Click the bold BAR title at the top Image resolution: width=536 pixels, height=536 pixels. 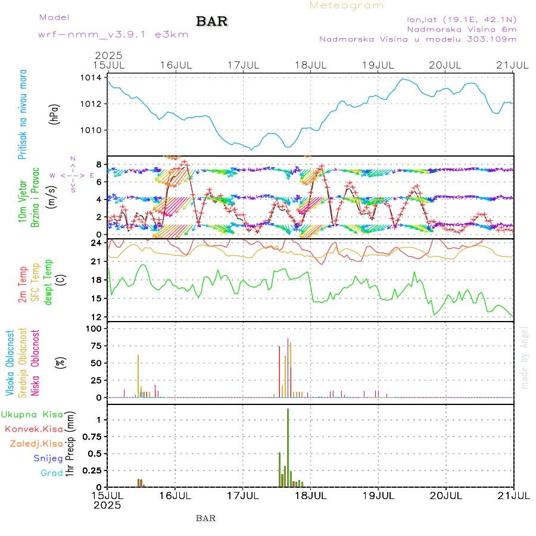[211, 21]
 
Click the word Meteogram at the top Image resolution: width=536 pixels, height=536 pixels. [347, 5]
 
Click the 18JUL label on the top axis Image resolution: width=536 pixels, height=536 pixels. [311, 64]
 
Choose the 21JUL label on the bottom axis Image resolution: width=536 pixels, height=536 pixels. [513, 496]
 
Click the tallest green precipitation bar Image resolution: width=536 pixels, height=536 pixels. [288, 447]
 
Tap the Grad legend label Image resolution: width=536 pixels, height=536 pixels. [52, 473]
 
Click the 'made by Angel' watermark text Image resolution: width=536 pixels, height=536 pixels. [524, 357]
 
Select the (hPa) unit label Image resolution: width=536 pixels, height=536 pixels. [55, 113]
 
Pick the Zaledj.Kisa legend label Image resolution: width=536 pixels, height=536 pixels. [36, 444]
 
